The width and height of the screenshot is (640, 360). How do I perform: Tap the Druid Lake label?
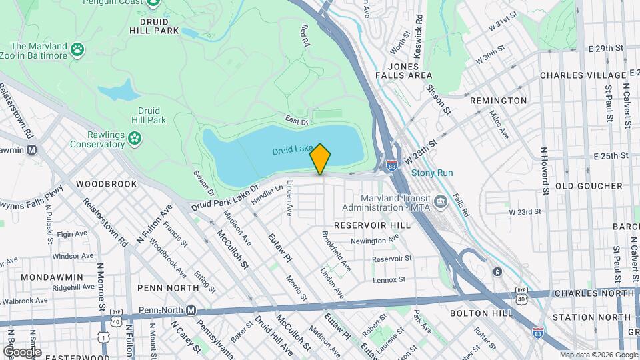(x=292, y=151)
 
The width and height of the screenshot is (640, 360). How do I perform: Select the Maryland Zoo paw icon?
(x=78, y=49)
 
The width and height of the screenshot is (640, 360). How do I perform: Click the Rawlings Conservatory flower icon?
(x=135, y=139)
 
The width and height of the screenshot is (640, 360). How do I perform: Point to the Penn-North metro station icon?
(x=191, y=310)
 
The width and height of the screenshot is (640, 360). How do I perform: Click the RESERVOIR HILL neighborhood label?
(x=372, y=225)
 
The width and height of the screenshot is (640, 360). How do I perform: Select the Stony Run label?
(x=432, y=173)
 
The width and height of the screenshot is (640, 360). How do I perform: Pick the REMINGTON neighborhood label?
(x=498, y=101)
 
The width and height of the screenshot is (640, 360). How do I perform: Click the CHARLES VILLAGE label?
(x=583, y=75)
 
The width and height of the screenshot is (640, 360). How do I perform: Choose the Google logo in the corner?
(x=21, y=351)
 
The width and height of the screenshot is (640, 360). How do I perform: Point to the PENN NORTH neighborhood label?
(x=168, y=288)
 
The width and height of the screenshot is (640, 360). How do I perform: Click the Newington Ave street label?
(x=369, y=241)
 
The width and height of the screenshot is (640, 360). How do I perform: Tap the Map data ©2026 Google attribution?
(x=598, y=355)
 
